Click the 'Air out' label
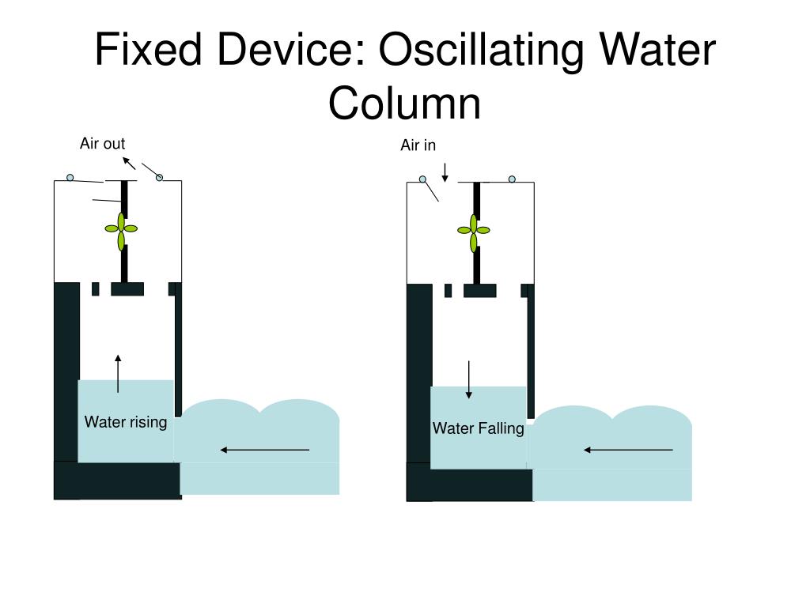[x=102, y=143]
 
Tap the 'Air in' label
[x=418, y=145]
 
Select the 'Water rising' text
[x=126, y=422]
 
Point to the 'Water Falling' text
[x=478, y=428]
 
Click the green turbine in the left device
[x=122, y=228]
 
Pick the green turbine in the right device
[x=474, y=230]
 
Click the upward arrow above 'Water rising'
[x=118, y=374]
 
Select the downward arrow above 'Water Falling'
[x=469, y=379]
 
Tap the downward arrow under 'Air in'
[x=445, y=172]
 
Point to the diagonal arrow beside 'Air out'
[x=129, y=163]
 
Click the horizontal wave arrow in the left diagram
[x=264, y=450]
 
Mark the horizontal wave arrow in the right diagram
[x=628, y=450]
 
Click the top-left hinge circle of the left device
[x=70, y=178]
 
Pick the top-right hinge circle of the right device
[x=512, y=179]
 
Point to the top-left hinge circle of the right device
[x=422, y=179]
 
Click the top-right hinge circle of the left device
[x=159, y=178]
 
